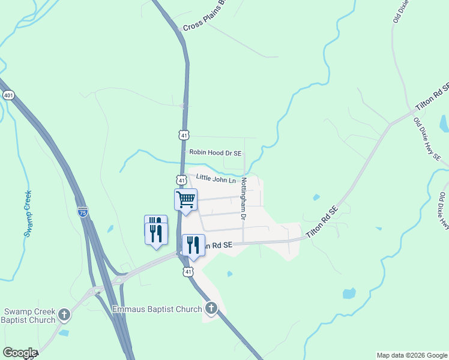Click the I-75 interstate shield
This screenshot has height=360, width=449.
tap(82, 212)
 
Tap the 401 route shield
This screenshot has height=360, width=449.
tap(8, 95)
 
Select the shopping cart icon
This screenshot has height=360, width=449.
tap(186, 199)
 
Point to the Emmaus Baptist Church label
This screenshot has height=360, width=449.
tap(158, 309)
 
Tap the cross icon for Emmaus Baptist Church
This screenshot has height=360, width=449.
tap(211, 309)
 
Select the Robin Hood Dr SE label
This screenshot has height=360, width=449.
tap(215, 153)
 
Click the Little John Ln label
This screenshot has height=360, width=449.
tap(216, 178)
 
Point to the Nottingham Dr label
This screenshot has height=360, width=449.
tap(244, 198)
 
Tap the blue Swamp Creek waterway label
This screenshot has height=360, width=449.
tap(28, 214)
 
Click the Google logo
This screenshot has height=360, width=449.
tap(19, 353)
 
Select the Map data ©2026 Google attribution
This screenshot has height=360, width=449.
tap(412, 355)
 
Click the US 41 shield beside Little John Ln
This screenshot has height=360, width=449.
tap(181, 179)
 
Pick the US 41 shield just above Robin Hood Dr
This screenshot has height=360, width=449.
tap(184, 135)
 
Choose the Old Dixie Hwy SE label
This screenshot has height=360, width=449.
tap(427, 139)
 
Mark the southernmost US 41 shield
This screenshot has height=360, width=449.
tap(188, 272)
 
